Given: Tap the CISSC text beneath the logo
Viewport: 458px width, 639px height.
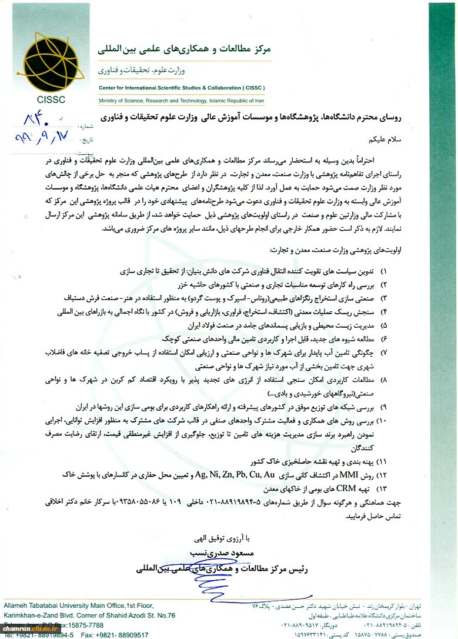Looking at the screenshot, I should coord(51,99).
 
